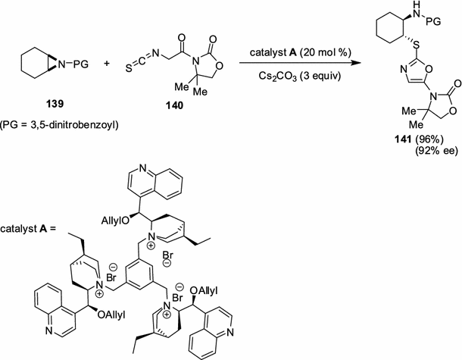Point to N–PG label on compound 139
tap(66, 64)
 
